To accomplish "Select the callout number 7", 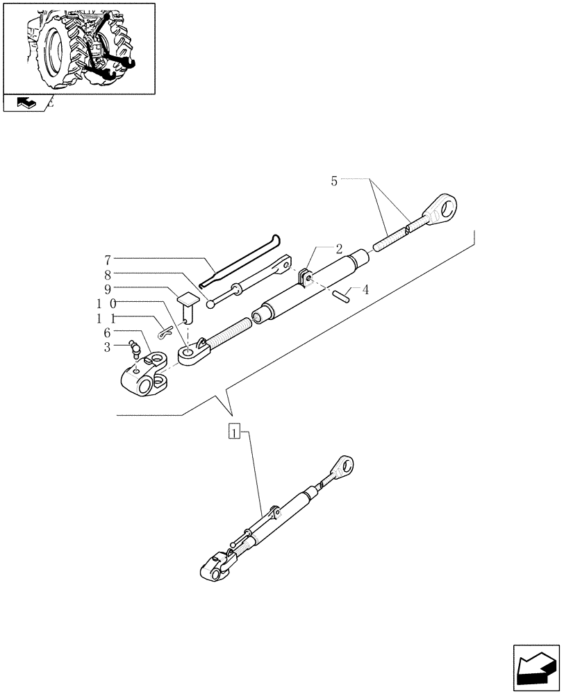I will tap(108, 260).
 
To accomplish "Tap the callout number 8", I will tap(108, 274).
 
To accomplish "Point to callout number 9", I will tap(108, 288).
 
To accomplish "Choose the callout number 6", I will tap(108, 332).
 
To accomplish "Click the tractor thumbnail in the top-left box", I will tap(79, 47).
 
